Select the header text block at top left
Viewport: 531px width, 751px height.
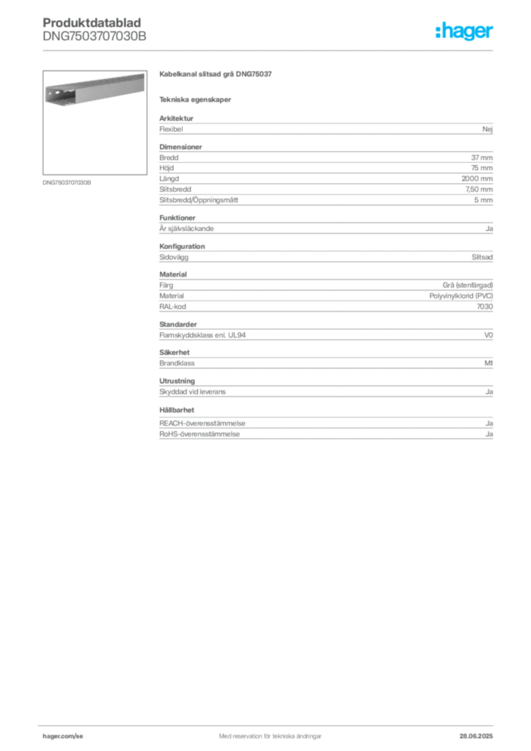point(93,29)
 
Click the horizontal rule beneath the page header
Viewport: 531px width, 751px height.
point(270,50)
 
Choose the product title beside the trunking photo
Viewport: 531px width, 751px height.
point(216,76)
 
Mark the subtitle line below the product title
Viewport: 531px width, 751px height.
point(197,100)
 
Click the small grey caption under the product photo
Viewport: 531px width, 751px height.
point(67,183)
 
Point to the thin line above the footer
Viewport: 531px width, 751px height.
point(270,723)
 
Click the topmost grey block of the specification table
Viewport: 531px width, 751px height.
point(325,128)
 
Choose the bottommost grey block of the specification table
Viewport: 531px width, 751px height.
point(325,424)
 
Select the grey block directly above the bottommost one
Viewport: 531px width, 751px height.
point(325,389)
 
